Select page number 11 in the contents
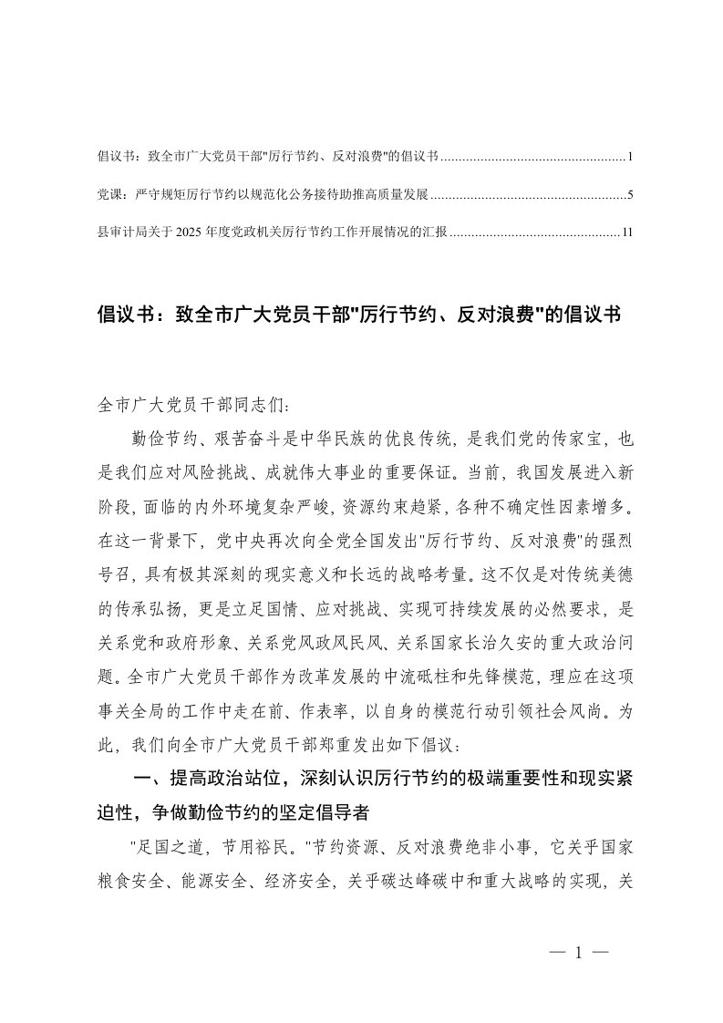(x=627, y=232)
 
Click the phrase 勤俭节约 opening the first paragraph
(x=161, y=439)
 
